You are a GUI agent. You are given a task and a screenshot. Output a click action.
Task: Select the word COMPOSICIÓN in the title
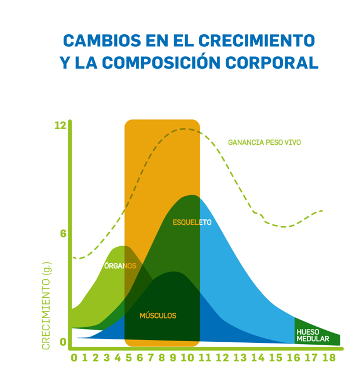click(170, 63)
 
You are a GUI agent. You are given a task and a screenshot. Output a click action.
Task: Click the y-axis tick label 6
click(63, 233)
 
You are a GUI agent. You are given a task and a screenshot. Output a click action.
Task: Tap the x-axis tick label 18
click(329, 358)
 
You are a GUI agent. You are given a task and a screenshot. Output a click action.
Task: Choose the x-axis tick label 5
click(128, 358)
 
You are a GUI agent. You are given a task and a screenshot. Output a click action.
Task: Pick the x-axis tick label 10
click(188, 358)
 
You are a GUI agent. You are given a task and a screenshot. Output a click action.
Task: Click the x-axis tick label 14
click(258, 358)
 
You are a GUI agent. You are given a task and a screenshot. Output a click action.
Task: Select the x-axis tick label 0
click(74, 358)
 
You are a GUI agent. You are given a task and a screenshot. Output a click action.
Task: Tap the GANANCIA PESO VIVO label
click(264, 142)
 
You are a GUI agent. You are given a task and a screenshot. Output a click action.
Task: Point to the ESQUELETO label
click(192, 222)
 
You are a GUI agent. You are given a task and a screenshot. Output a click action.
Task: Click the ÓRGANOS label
click(120, 266)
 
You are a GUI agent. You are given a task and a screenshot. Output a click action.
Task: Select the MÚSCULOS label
click(157, 316)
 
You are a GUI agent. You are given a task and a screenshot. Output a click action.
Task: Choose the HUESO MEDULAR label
click(313, 335)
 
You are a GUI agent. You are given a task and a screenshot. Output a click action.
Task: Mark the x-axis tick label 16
click(293, 358)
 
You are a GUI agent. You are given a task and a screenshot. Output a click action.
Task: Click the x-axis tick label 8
click(161, 358)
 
